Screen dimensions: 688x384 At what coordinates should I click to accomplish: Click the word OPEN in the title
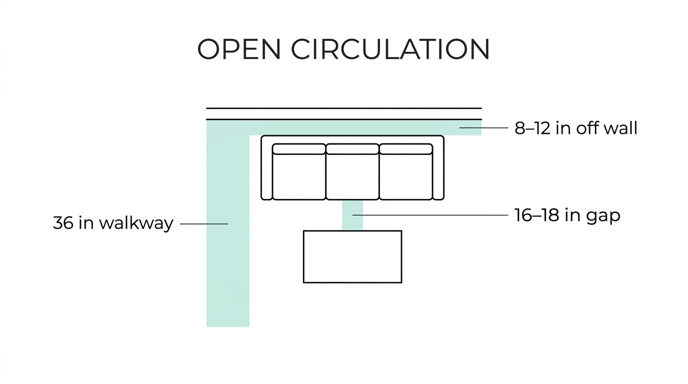click(239, 49)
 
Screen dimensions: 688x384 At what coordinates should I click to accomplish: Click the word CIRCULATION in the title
click(390, 49)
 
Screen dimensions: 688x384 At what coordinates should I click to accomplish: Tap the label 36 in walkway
click(113, 223)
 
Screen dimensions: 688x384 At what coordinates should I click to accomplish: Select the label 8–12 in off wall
click(576, 128)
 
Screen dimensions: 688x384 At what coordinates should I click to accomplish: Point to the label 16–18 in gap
click(567, 215)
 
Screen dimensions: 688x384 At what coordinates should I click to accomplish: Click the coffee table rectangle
click(352, 256)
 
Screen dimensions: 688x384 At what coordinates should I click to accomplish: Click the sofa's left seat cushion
click(299, 176)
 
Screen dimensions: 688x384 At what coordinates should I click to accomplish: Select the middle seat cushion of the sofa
click(352, 176)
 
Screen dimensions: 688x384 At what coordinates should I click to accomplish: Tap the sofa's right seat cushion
click(406, 176)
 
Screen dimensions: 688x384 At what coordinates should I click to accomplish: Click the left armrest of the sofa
click(266, 167)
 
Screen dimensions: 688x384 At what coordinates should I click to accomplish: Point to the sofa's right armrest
click(438, 167)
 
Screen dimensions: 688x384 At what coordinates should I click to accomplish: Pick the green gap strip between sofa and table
click(352, 215)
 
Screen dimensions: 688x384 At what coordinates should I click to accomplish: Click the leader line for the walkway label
click(204, 224)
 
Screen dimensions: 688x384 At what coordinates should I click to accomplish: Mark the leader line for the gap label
click(430, 215)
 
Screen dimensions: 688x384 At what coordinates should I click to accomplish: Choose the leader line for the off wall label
click(484, 127)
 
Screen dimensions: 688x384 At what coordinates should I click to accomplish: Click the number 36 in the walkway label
click(63, 222)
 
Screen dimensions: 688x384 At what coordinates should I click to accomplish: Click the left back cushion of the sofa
click(299, 148)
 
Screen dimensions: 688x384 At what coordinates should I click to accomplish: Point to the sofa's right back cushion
click(406, 148)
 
